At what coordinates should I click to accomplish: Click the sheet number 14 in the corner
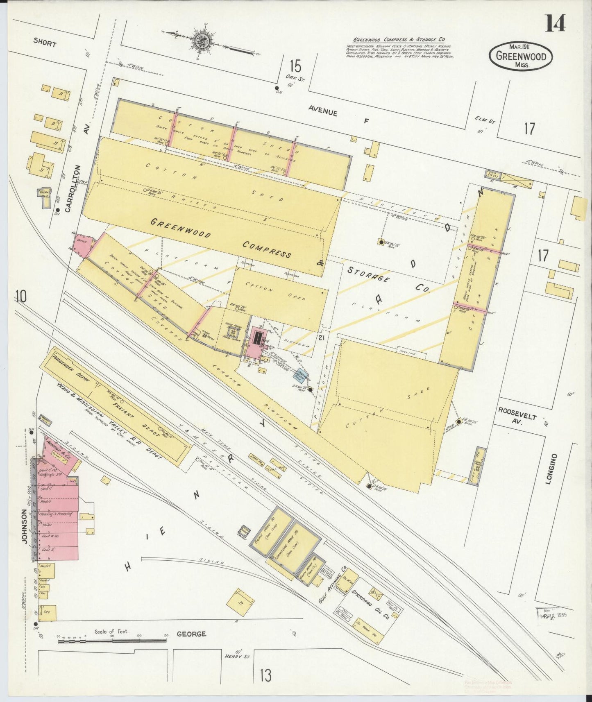point(555,23)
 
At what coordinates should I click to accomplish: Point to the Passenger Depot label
point(69,369)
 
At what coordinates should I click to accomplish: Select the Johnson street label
point(24,526)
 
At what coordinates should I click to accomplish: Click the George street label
point(191,634)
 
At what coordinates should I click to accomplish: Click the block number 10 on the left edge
point(21,296)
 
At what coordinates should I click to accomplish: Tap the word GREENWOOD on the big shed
point(180,228)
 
